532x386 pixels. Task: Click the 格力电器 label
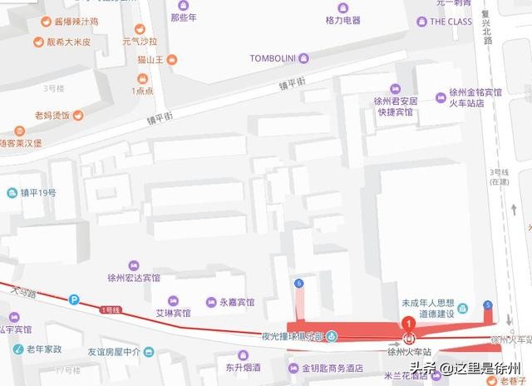point(342,20)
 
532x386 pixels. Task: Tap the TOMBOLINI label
point(273,57)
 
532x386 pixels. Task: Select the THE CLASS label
point(451,22)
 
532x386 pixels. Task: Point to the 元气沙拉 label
point(139,39)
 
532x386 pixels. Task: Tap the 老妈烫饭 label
point(52,115)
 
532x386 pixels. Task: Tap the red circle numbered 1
point(408,323)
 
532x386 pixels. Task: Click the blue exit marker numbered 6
point(298,284)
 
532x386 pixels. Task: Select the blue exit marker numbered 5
point(488,304)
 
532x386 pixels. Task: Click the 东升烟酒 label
point(243,368)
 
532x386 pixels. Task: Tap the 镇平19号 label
point(37,193)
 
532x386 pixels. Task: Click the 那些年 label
point(184,16)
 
